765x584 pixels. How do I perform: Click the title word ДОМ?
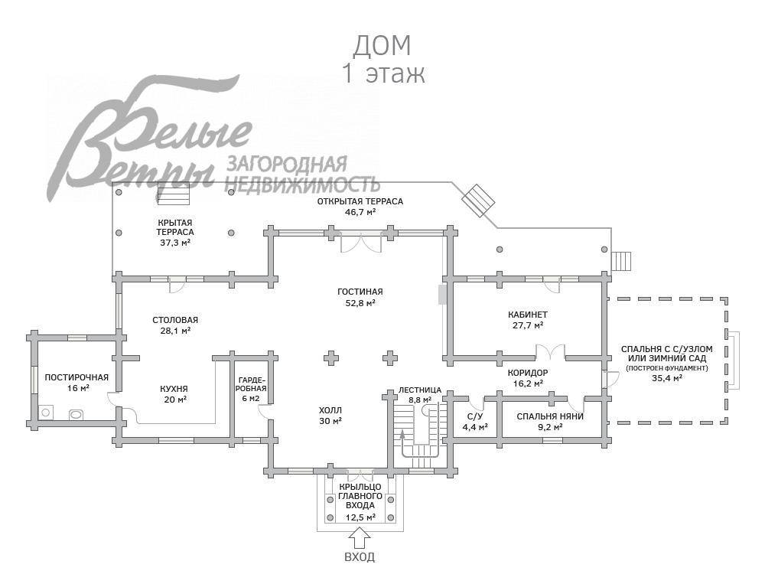click(x=382, y=46)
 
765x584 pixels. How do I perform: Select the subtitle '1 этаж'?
click(x=382, y=74)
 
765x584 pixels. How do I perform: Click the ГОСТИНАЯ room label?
click(x=360, y=292)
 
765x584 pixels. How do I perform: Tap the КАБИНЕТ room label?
click(x=528, y=315)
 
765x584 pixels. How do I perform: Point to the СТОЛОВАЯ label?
click(x=175, y=320)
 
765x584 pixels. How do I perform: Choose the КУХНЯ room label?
click(x=174, y=388)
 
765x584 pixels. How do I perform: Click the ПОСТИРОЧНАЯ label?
click(x=76, y=377)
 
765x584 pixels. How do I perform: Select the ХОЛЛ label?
click(x=330, y=409)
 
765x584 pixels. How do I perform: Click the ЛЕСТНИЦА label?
click(x=420, y=390)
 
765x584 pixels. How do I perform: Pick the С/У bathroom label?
click(x=474, y=416)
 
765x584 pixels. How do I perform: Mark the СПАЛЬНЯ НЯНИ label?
click(x=550, y=416)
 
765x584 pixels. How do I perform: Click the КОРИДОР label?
click(x=528, y=373)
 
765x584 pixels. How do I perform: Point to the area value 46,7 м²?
click(x=360, y=212)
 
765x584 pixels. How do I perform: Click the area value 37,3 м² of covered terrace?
click(x=175, y=242)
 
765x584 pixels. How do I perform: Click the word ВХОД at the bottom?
click(x=360, y=556)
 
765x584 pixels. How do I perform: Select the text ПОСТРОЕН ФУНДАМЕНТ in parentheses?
click(x=666, y=368)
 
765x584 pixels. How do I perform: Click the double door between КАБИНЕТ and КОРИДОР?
click(x=550, y=353)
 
